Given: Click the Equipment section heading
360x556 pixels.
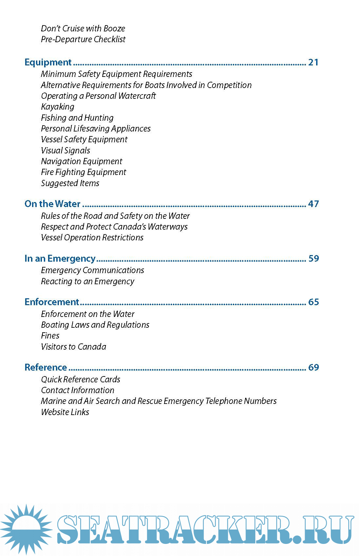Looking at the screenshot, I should pos(48,62).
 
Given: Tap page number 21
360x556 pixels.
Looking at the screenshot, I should pos(313,62).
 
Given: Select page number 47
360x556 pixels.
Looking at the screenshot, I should pos(313,204).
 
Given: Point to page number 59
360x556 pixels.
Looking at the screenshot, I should pos(314,258).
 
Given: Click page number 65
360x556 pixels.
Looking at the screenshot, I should pos(314,302).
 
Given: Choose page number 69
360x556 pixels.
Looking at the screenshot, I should pos(314,367).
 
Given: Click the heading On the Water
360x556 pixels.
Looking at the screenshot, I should pos(52,204).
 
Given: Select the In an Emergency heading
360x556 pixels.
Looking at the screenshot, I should pos(60,258).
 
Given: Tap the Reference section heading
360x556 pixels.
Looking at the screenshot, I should pos(46,367).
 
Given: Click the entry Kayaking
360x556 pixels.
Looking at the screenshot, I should pos(58,107).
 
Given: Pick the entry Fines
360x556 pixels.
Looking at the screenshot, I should pos(50,336).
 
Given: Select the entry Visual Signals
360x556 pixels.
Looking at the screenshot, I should pos(65,150).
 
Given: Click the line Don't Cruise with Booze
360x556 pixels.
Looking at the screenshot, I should pos(83,28).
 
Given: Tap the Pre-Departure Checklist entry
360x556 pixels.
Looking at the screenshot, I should pos(83,39).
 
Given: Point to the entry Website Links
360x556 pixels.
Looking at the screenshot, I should pos(65,412).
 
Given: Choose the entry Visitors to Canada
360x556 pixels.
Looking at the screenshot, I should pos(74,347).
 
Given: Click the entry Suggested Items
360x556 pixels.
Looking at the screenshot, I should pos(70,183).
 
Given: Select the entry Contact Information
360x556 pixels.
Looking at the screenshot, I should pos(78,390).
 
